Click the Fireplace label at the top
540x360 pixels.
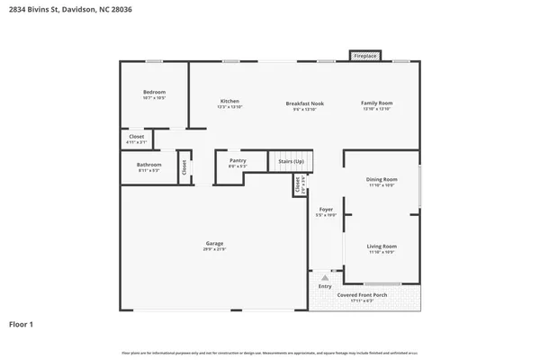point(364,56)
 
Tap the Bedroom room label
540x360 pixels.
point(154,93)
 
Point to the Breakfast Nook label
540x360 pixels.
point(305,103)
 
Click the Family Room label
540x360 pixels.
point(377,103)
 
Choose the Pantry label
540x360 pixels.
point(238,160)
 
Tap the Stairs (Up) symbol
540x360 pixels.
point(291,160)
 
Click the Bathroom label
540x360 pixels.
point(149,165)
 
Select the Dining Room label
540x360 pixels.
point(382,180)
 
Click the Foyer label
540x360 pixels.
point(326,210)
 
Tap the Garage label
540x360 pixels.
point(214,243)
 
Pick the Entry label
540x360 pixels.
point(325,286)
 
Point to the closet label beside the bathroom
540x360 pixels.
point(184,167)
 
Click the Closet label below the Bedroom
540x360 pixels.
point(137,137)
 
